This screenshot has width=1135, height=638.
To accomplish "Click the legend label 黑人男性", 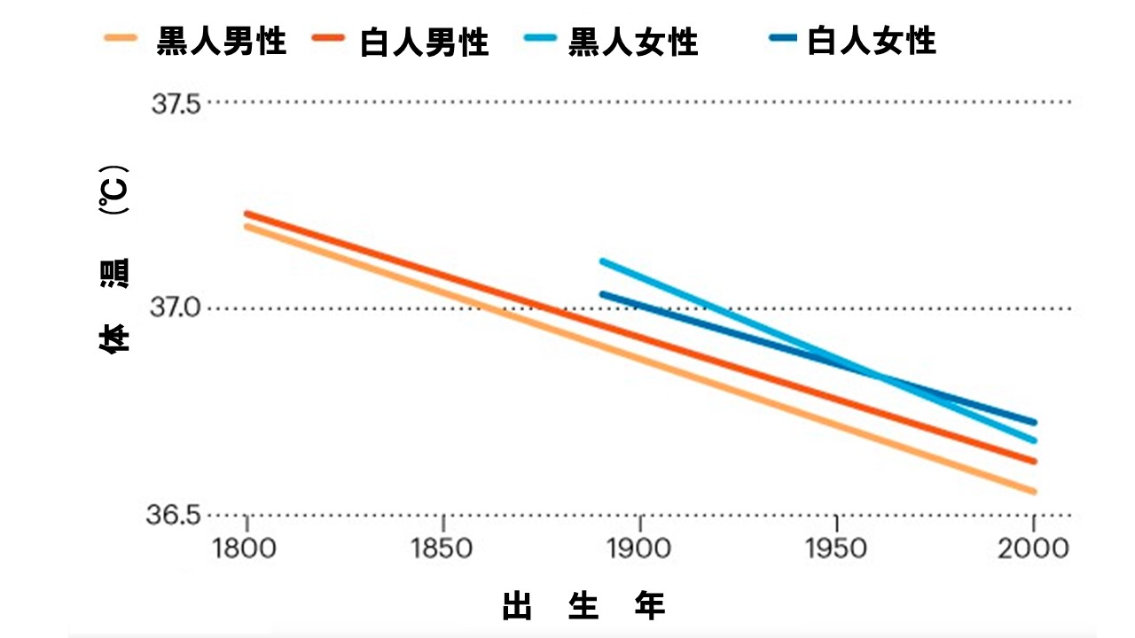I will [x=222, y=41].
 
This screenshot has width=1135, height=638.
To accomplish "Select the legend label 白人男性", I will [x=424, y=42].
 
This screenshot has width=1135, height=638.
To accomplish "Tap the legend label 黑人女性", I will [x=633, y=42].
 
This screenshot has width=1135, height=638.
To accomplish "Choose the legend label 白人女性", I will [x=872, y=41].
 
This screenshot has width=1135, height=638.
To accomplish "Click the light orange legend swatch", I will [x=121, y=39].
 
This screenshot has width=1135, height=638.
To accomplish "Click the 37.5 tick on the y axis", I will [x=176, y=104].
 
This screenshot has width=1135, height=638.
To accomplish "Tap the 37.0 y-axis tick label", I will [x=176, y=308].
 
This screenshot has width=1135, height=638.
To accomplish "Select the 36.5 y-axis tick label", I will [x=176, y=515].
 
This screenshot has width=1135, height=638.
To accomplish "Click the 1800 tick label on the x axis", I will [x=246, y=548].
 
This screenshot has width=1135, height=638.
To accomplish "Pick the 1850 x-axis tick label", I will [x=442, y=548].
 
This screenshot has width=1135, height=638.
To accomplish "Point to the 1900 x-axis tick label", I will [x=639, y=548].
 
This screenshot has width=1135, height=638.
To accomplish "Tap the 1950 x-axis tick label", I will [x=836, y=548].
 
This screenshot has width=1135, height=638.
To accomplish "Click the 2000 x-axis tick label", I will [x=1033, y=548].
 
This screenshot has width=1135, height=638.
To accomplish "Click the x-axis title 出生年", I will [x=583, y=607].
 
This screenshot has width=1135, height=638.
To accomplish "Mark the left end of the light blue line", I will [x=602, y=261].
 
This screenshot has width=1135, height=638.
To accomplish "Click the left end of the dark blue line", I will [x=602, y=294].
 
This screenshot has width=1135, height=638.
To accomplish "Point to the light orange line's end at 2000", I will [x=1034, y=491].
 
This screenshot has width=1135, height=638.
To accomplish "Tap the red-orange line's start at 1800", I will [x=247, y=214].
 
